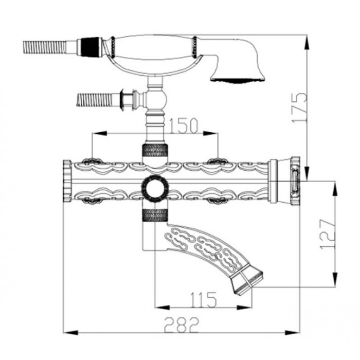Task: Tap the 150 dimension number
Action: pyautogui.click(x=183, y=126)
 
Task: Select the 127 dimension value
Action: pyautogui.click(x=328, y=234)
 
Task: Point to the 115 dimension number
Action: pyautogui.click(x=203, y=300)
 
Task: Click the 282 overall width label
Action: pyautogui.click(x=182, y=325)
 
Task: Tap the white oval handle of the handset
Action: pyautogui.click(x=153, y=47)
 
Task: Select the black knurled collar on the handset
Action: pyautogui.click(x=91, y=47)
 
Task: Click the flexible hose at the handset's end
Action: pyautogui.click(x=45, y=47)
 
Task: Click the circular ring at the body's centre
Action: pyautogui.click(x=154, y=188)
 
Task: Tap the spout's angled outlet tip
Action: pyautogui.click(x=248, y=282)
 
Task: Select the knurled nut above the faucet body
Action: pyautogui.click(x=155, y=150)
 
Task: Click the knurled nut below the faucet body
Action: pyautogui.click(x=155, y=215)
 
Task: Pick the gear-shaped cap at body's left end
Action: pyautogui.click(x=67, y=181)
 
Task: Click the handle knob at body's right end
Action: pyautogui.click(x=296, y=181)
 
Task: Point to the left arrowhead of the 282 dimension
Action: pyautogui.click(x=70, y=332)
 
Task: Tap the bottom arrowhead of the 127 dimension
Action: pyautogui.click(x=335, y=279)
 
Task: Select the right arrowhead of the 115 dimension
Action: pyautogui.click(x=244, y=308)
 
